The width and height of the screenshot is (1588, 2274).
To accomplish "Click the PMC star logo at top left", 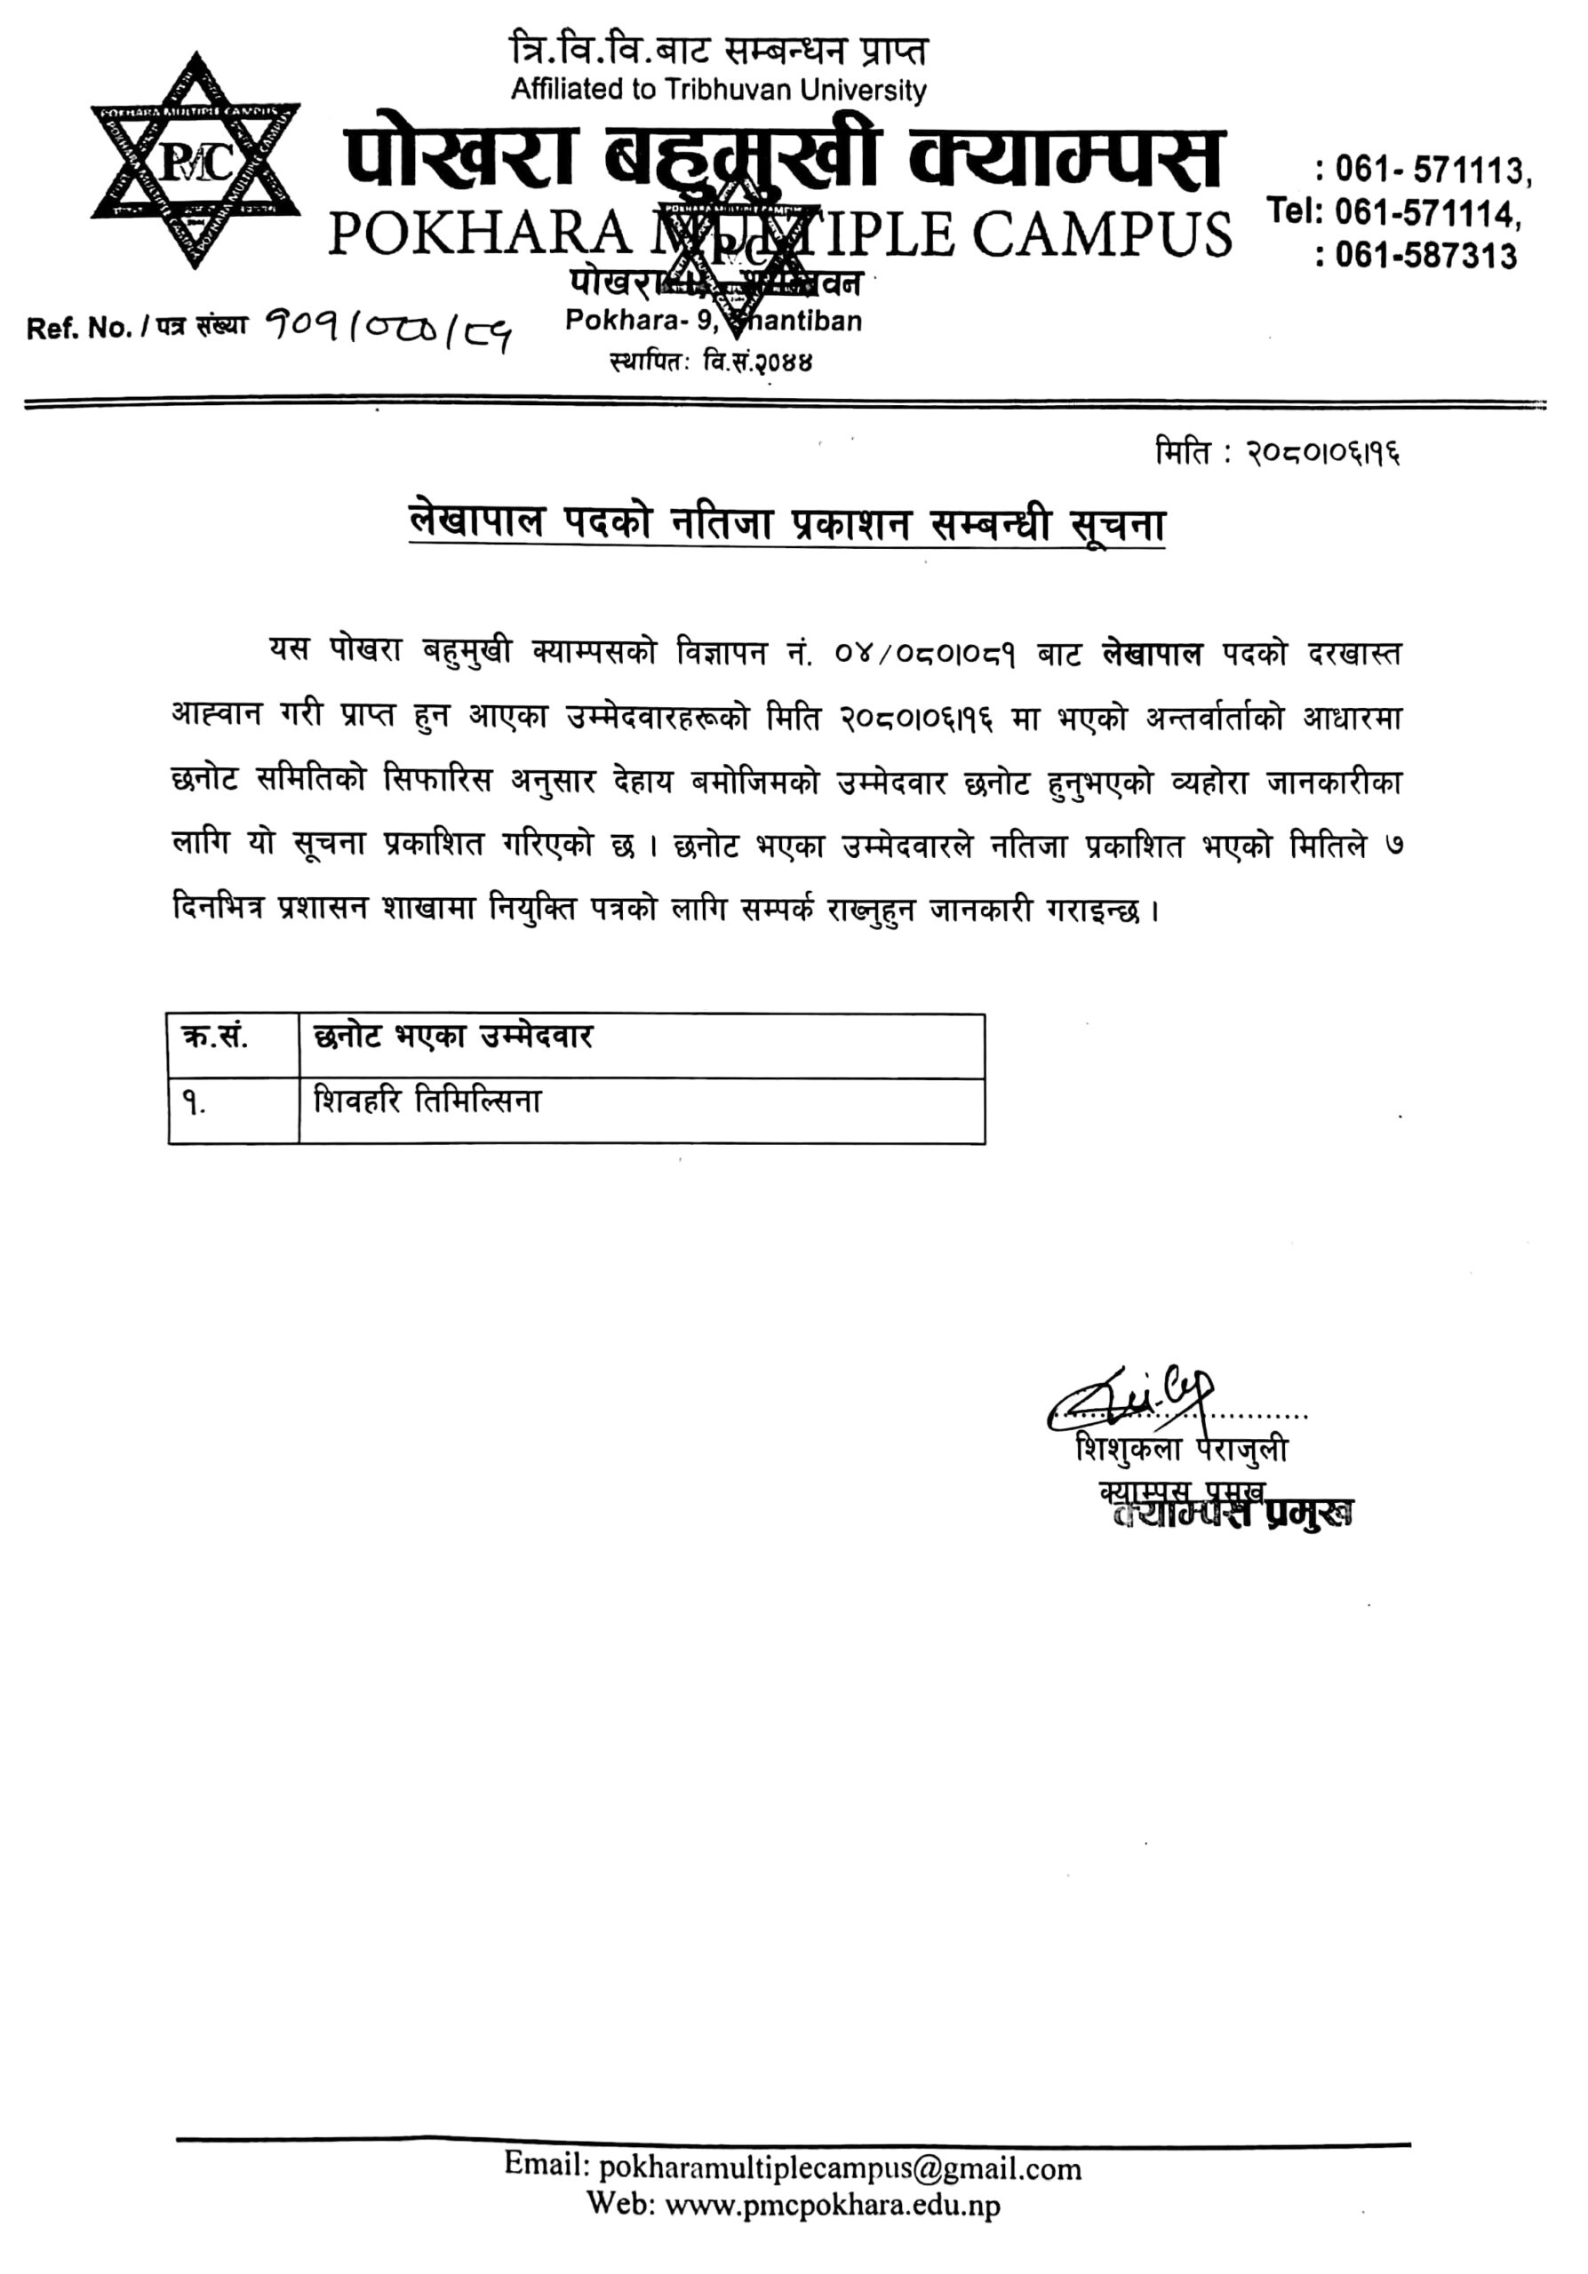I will [196, 162].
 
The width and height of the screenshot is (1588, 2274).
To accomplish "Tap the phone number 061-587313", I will [1425, 256].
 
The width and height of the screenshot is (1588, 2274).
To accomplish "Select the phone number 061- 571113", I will [1432, 171].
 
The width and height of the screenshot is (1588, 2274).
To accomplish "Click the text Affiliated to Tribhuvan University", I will [718, 90].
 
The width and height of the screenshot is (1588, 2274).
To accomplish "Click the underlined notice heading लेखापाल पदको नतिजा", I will [786, 523].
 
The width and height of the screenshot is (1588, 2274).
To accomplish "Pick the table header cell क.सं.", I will [215, 1038].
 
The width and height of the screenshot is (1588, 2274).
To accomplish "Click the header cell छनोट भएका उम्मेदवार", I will [452, 1037].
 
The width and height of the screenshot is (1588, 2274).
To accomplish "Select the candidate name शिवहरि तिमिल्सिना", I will [427, 1101].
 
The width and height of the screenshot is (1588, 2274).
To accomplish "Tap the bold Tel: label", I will [1291, 211].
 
